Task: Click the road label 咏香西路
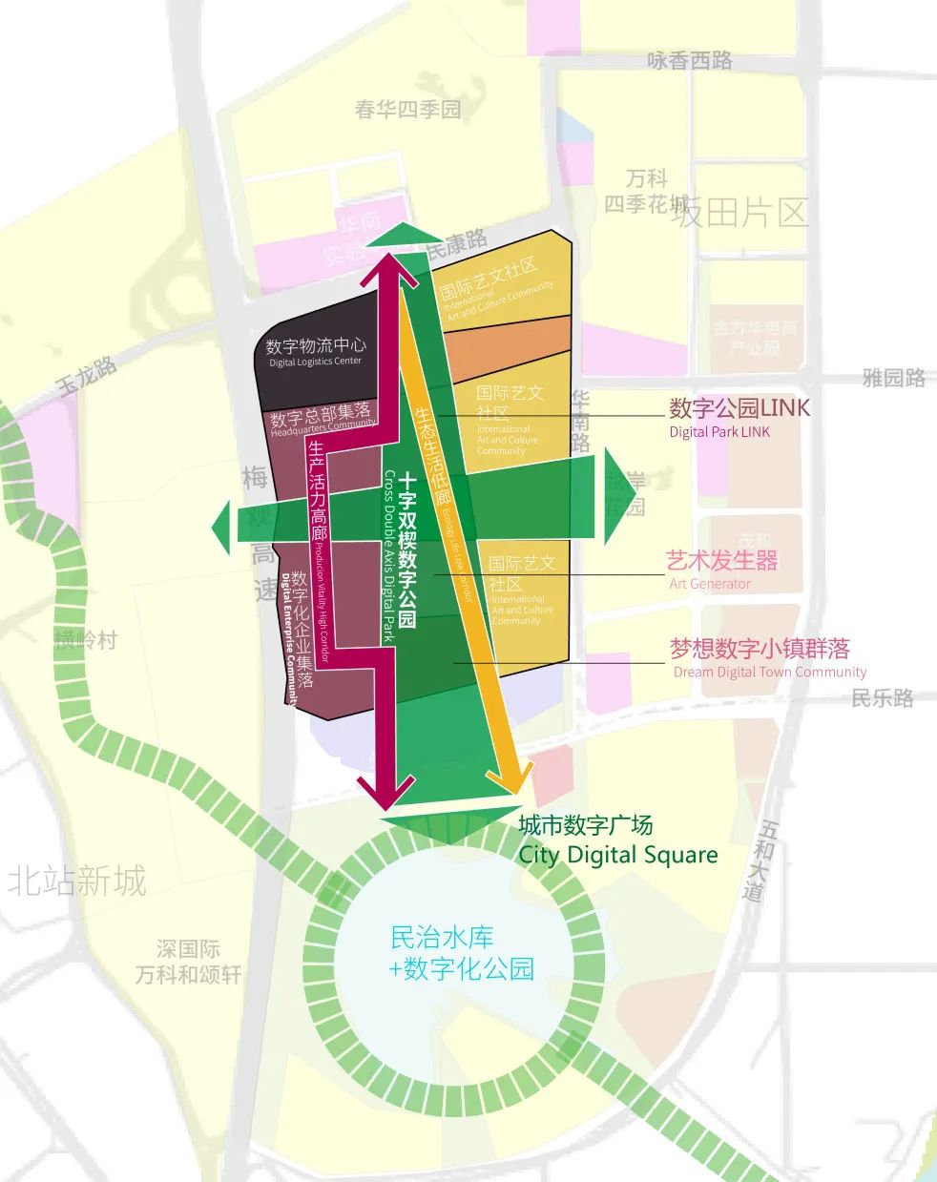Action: point(690,61)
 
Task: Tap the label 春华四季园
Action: point(407,110)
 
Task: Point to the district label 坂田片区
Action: point(739,212)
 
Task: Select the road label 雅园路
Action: point(894,378)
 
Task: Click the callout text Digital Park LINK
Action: point(719,432)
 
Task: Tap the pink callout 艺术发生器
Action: point(722,561)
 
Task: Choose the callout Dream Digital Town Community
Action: point(770,672)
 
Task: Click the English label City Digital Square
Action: point(617,854)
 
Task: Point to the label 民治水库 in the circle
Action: point(443,937)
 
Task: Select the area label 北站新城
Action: point(77,880)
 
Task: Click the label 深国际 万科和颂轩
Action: point(188,963)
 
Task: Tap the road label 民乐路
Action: point(883,698)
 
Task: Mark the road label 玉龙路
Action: point(87,376)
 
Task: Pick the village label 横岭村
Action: point(86,640)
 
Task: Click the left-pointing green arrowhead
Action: point(221,524)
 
